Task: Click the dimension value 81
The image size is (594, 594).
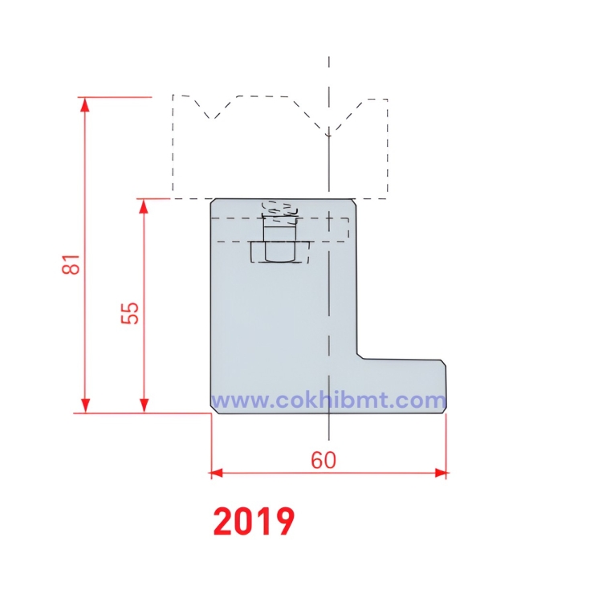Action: (72, 264)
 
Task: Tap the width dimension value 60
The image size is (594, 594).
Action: (323, 460)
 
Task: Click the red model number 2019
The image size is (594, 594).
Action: (254, 522)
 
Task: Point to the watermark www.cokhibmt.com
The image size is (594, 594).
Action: (328, 400)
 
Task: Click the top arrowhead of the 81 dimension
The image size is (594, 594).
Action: (83, 102)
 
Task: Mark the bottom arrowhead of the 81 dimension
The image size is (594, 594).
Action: (83, 408)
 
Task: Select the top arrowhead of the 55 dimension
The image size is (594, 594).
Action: (144, 204)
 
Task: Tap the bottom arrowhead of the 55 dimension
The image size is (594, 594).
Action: (144, 408)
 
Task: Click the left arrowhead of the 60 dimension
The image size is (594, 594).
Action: (215, 473)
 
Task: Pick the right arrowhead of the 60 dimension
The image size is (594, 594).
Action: (441, 473)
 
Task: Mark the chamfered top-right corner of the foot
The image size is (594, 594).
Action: (443, 363)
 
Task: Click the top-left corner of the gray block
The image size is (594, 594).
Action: (212, 201)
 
